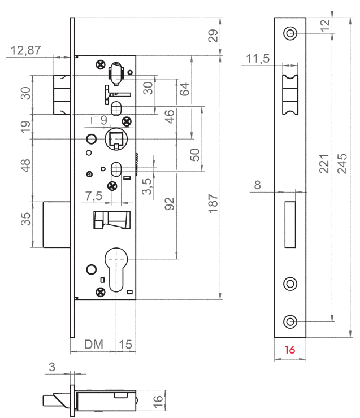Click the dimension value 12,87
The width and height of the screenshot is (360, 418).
pos(25,50)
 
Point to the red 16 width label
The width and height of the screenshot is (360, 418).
pos(290,350)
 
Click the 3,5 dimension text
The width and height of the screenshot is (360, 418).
pos(146,187)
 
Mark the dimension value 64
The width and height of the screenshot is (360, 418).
pos(184,89)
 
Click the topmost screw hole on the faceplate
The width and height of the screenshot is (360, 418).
pos(290,33)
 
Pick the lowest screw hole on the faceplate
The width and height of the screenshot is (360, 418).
pos(290,321)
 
